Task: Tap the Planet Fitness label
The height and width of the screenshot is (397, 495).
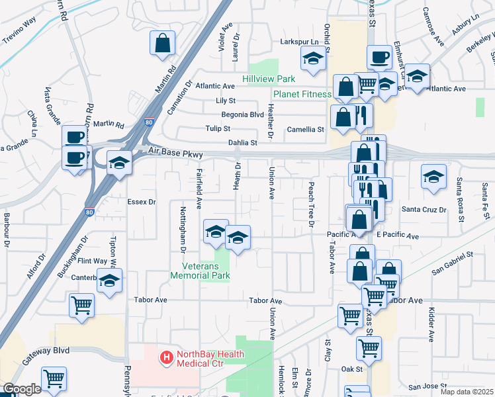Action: coord(302,95)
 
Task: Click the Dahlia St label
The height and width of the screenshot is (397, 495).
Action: coord(242,142)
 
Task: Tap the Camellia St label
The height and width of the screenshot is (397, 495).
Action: coord(305,130)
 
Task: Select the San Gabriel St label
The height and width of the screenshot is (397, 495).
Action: coord(453,261)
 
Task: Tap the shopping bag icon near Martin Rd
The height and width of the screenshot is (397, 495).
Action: coord(162,44)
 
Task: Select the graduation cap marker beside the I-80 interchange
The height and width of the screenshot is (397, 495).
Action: coord(119,163)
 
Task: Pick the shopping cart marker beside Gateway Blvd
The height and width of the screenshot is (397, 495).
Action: coord(54,379)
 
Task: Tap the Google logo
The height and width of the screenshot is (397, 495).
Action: coord(21,389)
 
